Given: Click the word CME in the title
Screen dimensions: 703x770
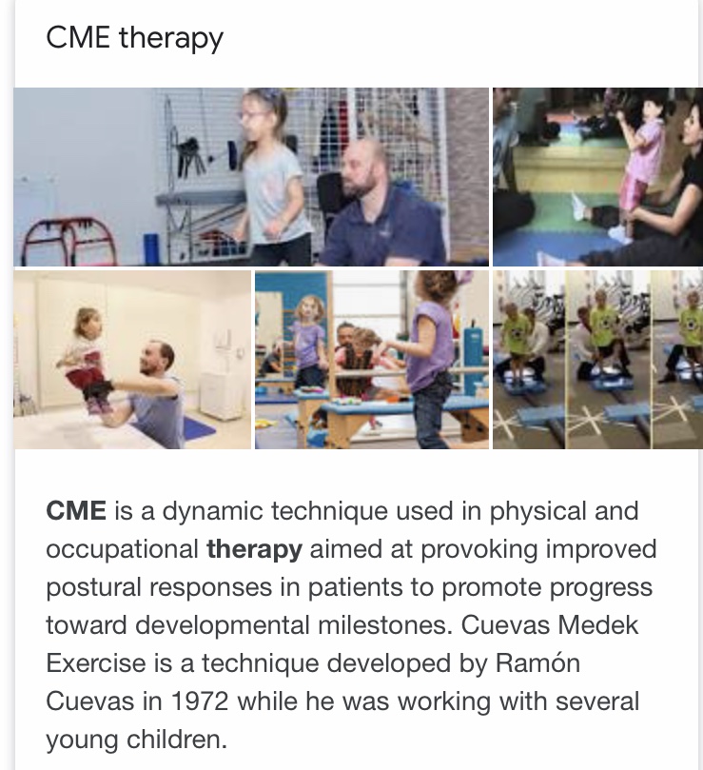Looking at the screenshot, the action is [x=78, y=37].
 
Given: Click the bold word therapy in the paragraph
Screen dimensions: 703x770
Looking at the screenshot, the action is [x=254, y=550].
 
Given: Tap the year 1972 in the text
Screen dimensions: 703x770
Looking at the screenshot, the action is [x=200, y=701].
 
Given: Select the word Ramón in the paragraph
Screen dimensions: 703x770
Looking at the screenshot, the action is [x=538, y=663].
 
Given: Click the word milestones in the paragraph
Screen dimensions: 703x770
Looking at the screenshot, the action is [x=384, y=625].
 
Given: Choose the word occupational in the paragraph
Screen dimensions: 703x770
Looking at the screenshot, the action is [x=122, y=550].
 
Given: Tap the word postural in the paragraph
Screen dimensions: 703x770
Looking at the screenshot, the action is [x=94, y=588].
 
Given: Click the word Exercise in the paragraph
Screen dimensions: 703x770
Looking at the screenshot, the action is [x=96, y=663].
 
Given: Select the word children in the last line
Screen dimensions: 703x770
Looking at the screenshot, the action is [x=177, y=739].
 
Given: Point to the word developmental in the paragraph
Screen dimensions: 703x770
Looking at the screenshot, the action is [x=222, y=625].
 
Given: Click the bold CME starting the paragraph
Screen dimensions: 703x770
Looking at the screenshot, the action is [x=76, y=511].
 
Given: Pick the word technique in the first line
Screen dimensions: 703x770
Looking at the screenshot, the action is [x=328, y=512].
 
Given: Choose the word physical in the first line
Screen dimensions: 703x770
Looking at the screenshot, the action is [x=538, y=512].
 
